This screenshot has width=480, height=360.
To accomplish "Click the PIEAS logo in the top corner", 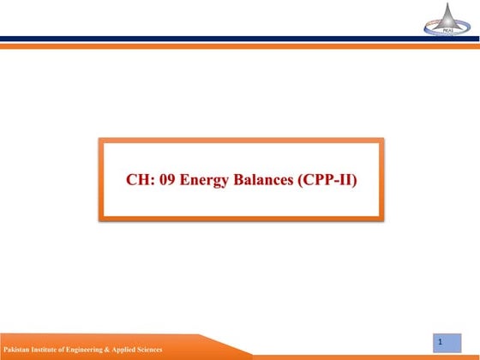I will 447,19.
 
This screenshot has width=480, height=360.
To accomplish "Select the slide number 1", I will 440,342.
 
